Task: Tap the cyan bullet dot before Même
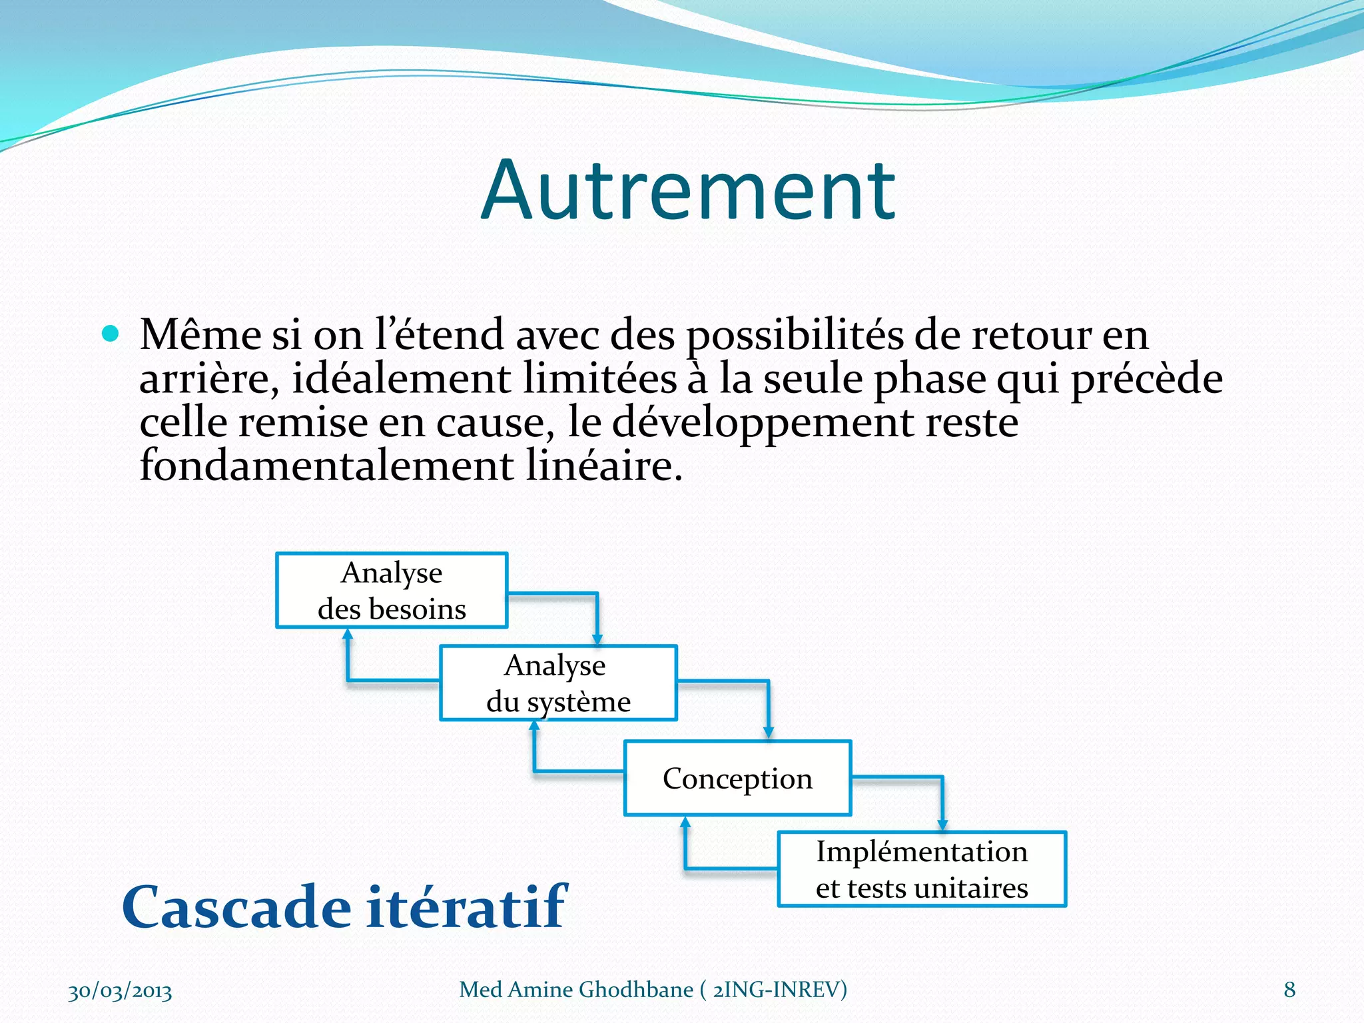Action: [x=111, y=333]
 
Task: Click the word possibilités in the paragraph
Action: [x=795, y=335]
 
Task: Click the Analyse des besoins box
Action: [x=392, y=590]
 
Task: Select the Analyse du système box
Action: [x=558, y=683]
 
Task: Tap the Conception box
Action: [x=737, y=778]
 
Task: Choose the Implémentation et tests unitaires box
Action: [x=922, y=869]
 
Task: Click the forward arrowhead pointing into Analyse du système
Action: [x=597, y=639]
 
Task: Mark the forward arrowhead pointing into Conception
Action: [x=769, y=733]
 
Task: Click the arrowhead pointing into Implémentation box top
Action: [x=942, y=826]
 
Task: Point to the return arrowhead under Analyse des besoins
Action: [x=348, y=635]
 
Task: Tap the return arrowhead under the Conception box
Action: [x=685, y=823]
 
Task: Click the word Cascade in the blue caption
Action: [x=236, y=907]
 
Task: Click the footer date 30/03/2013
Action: [x=120, y=991]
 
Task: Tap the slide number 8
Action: [x=1289, y=990]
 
